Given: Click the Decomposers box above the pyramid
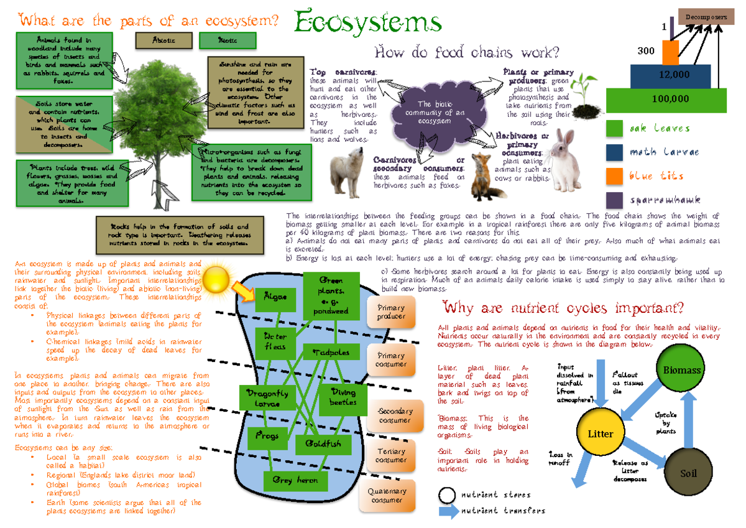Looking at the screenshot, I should pyautogui.click(x=706, y=17).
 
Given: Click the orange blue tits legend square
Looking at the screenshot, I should pyautogui.click(x=614, y=175).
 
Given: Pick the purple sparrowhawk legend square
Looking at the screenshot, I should pyautogui.click(x=614, y=200).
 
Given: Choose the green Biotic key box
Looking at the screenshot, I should pyautogui.click(x=228, y=40).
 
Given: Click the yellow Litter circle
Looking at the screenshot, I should pyautogui.click(x=601, y=433).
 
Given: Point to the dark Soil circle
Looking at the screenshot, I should pyautogui.click(x=688, y=473).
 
